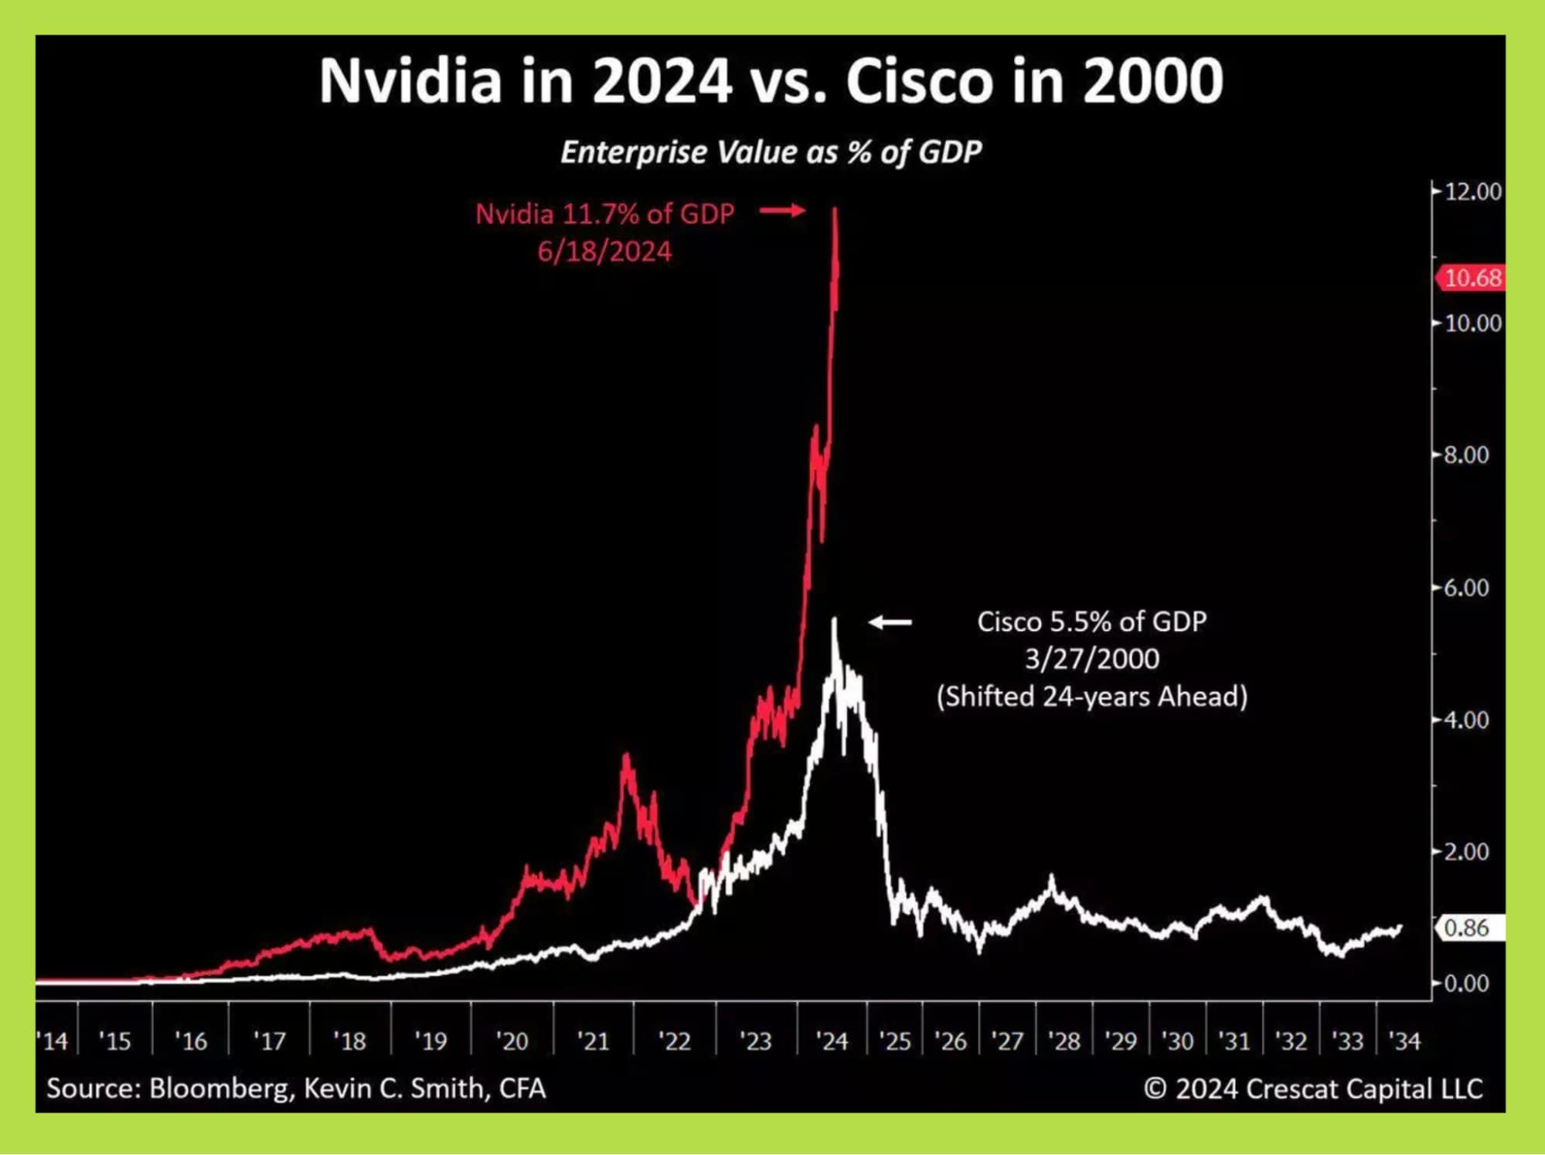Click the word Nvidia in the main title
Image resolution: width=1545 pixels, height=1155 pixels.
click(x=410, y=80)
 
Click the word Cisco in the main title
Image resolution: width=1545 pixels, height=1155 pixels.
click(x=919, y=80)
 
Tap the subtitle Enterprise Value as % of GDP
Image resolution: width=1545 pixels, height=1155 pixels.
click(x=771, y=152)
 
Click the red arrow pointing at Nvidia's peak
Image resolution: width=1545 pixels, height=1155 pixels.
click(x=782, y=210)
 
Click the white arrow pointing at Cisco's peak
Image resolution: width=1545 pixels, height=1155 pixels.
click(x=890, y=622)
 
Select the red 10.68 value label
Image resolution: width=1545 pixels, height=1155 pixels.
click(x=1471, y=278)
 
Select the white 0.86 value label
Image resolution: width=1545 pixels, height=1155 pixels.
click(x=1468, y=927)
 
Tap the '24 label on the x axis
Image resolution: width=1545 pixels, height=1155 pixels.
click(x=832, y=1041)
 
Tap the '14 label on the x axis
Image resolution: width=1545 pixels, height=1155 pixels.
click(x=53, y=1041)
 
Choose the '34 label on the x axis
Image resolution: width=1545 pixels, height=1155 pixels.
click(x=1404, y=1041)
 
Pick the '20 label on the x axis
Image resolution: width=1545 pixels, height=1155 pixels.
click(x=511, y=1041)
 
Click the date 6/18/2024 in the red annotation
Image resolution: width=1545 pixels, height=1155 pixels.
click(x=604, y=251)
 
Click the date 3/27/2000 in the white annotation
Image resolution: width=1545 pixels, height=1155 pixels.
click(x=1091, y=659)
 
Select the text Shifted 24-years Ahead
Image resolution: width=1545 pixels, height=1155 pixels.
click(x=1091, y=696)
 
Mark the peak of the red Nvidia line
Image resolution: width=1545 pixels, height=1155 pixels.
click(x=835, y=210)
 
